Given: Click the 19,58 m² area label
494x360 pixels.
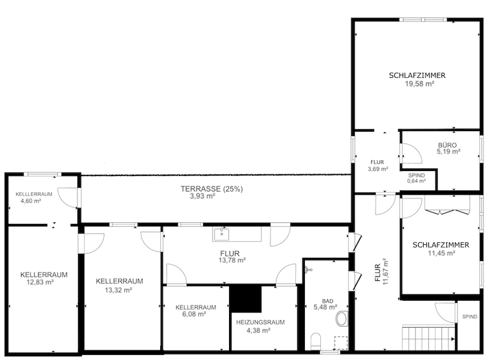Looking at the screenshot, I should [x=417, y=84].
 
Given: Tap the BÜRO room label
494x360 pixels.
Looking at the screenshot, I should [x=448, y=145].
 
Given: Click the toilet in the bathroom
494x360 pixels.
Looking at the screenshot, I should [x=316, y=341].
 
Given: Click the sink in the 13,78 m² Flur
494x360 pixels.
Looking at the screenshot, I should [x=223, y=233].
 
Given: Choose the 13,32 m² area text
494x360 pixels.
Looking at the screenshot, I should [x=119, y=290].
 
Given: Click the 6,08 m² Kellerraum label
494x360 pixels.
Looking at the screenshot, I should [x=196, y=314].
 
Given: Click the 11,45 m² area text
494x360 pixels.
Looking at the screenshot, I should [x=441, y=253].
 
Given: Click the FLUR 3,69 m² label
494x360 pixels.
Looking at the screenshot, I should [x=377, y=166].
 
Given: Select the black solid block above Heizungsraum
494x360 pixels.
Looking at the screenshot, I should [x=246, y=298].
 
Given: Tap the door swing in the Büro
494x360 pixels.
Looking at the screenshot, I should [x=411, y=152].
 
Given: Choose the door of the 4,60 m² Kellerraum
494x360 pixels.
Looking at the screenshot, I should [x=68, y=197].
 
